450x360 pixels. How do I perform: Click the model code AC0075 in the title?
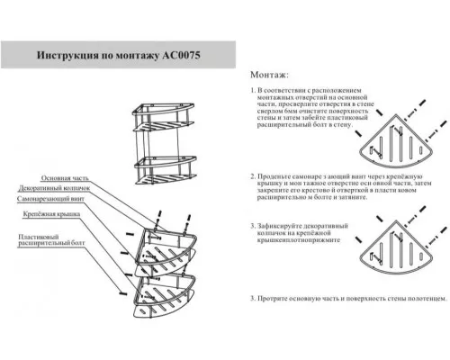(185, 56)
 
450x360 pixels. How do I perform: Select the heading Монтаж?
(269, 75)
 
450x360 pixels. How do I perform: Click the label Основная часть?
(68, 178)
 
